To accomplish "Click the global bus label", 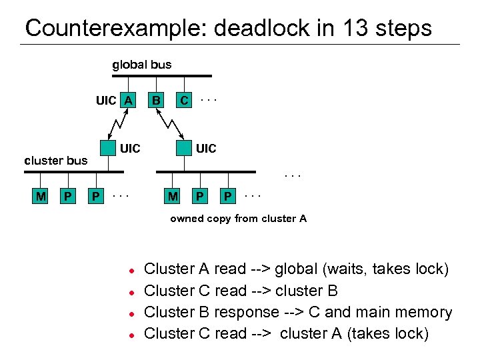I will [x=141, y=65].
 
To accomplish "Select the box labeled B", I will [x=156, y=101].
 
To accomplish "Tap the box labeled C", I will [x=184, y=101].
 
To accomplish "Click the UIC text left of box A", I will [x=106, y=101].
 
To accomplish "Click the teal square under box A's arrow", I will [x=107, y=148].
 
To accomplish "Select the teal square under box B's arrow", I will [x=184, y=148].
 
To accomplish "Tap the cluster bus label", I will [x=55, y=160].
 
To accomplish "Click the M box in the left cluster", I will [x=41, y=196].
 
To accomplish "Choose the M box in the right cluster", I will [x=173, y=196].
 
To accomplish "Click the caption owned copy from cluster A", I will [x=238, y=219].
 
